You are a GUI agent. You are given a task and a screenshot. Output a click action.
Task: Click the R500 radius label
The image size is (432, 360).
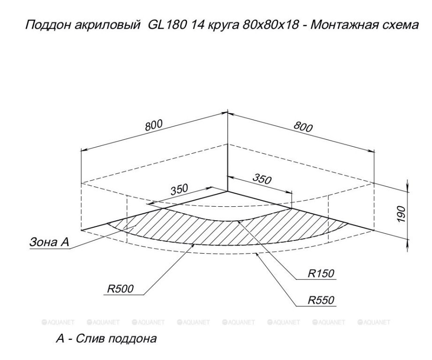click(x=120, y=288)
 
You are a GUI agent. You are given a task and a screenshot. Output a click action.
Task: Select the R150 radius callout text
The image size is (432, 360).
click(x=321, y=273)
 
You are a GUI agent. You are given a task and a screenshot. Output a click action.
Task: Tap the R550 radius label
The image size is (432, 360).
click(x=321, y=300)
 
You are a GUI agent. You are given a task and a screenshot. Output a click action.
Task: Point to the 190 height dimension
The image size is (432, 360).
click(x=401, y=214)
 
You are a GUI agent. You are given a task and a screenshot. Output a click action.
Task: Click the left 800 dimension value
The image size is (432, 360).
click(x=154, y=126)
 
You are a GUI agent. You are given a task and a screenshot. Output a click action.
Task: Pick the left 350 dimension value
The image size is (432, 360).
click(x=179, y=189)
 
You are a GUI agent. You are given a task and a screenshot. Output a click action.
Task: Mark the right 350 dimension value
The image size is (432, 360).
click(x=262, y=179)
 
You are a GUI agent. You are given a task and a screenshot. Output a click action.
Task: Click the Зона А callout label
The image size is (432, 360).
click(x=49, y=242)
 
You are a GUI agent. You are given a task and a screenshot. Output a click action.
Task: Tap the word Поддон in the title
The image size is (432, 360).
click(x=48, y=25)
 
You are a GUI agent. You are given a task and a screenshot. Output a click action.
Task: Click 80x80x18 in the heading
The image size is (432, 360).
click(x=271, y=25)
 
